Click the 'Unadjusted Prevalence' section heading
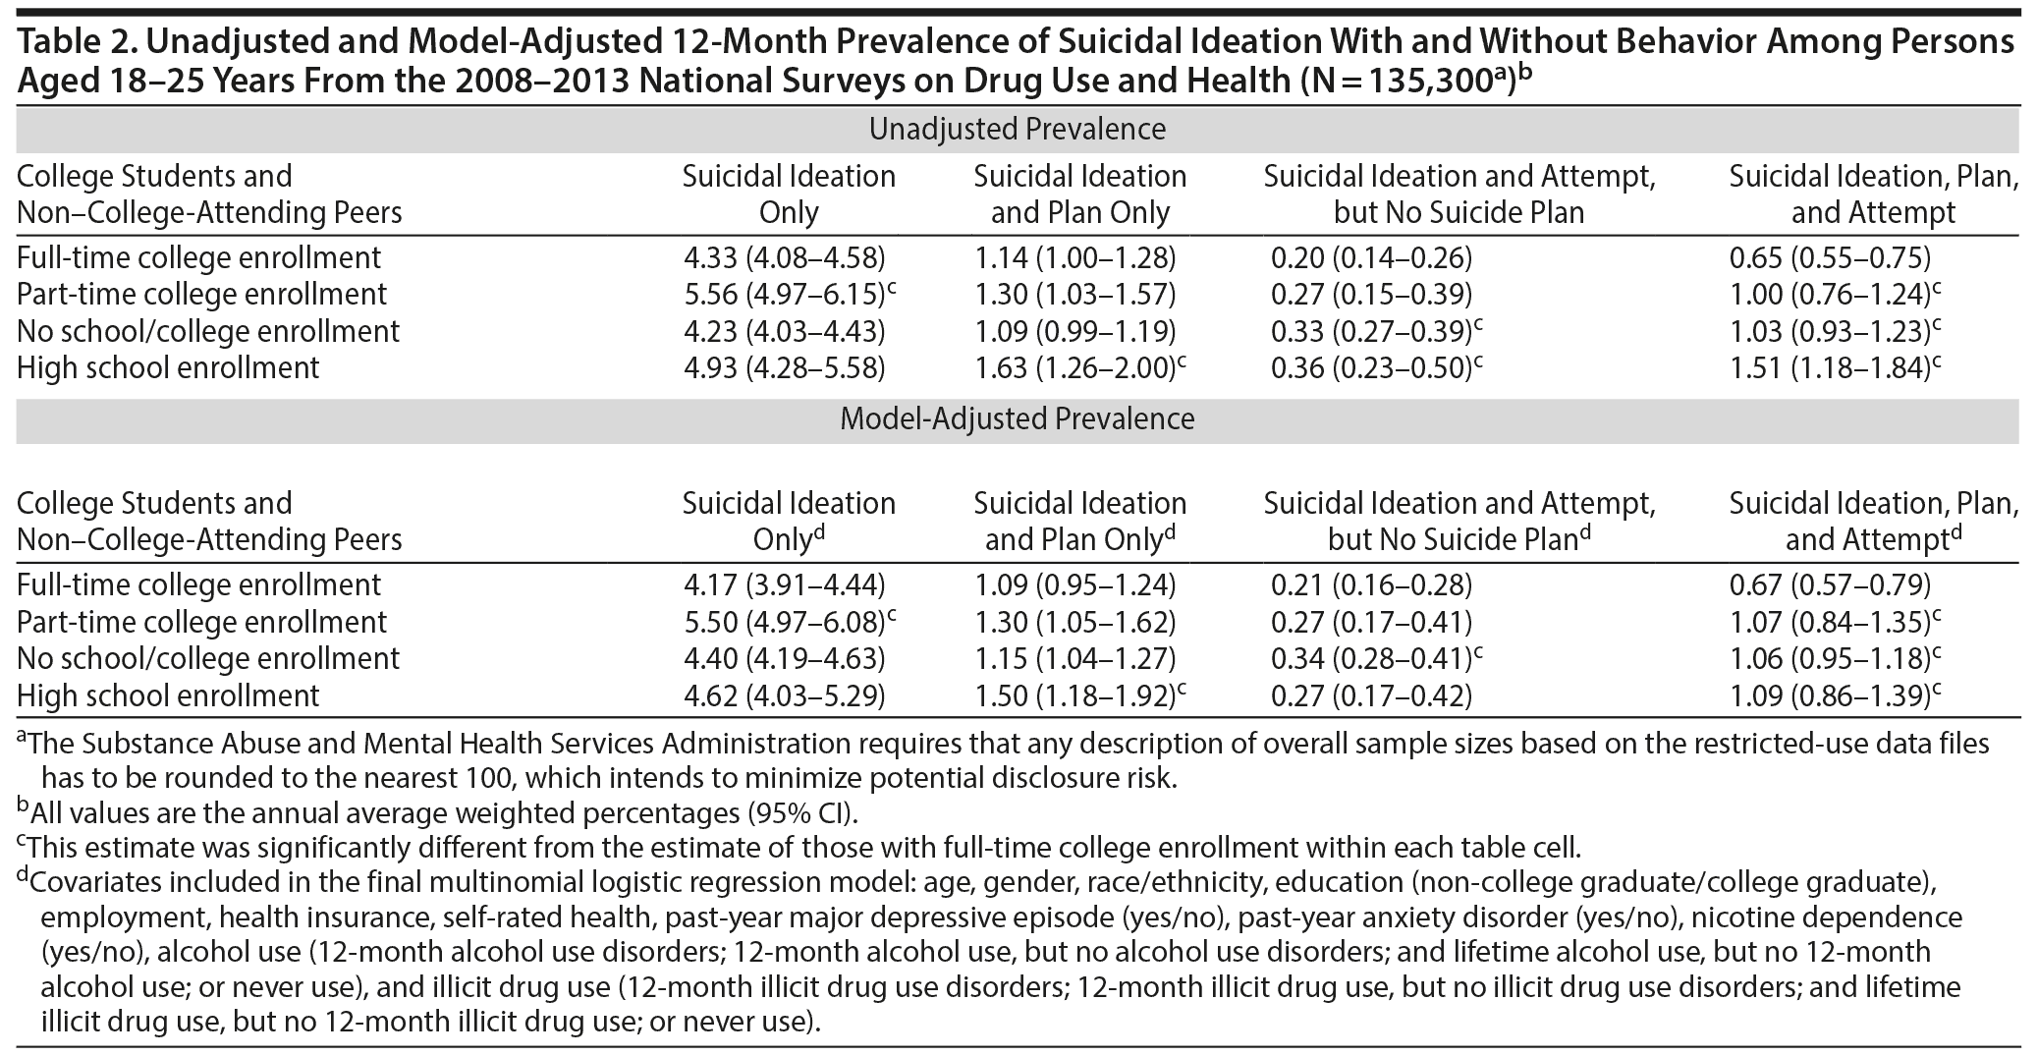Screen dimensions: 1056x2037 pyautogui.click(x=1018, y=130)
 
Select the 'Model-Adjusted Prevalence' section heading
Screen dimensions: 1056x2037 pyautogui.click(x=1018, y=419)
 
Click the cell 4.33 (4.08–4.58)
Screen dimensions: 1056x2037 pyautogui.click(x=784, y=258)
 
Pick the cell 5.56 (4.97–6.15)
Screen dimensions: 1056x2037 pyautogui.click(x=789, y=295)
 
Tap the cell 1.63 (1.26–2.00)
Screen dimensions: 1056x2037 pyautogui.click(x=1079, y=368)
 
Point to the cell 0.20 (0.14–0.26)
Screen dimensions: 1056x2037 pyautogui.click(x=1371, y=258)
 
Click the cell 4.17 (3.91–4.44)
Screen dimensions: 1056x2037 pyautogui.click(x=784, y=585)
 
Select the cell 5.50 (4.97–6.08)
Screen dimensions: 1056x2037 pyautogui.click(x=789, y=623)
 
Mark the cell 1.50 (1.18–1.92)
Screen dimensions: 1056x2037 pyautogui.click(x=1079, y=696)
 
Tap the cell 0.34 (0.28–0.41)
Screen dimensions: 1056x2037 pyautogui.click(x=1375, y=659)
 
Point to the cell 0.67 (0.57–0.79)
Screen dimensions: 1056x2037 pyautogui.click(x=1830, y=585)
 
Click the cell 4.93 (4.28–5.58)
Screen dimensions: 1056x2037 pyautogui.click(x=784, y=368)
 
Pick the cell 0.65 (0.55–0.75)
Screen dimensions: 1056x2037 pyautogui.click(x=1830, y=258)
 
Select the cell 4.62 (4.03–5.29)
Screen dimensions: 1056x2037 pyautogui.click(x=784, y=696)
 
